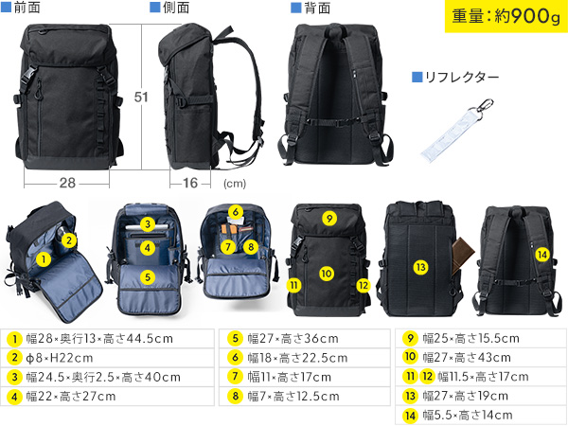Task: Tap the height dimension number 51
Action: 141,98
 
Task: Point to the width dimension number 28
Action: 65,183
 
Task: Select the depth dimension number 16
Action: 190,183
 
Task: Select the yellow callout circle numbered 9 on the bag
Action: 328,219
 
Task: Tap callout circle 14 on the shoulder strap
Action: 541,254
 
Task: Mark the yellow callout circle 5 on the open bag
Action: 147,277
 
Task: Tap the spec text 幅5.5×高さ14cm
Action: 468,415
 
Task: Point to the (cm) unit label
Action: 235,185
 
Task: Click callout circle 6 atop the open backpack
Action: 236,211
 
